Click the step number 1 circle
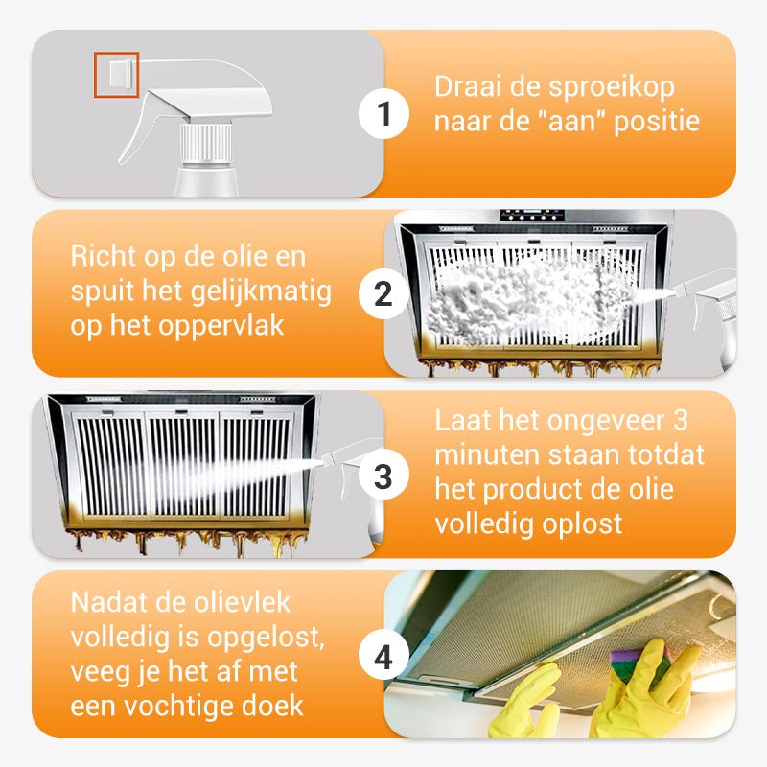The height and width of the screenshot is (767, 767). (383, 115)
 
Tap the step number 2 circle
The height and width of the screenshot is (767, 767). (383, 294)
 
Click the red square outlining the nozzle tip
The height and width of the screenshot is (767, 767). (116, 75)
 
